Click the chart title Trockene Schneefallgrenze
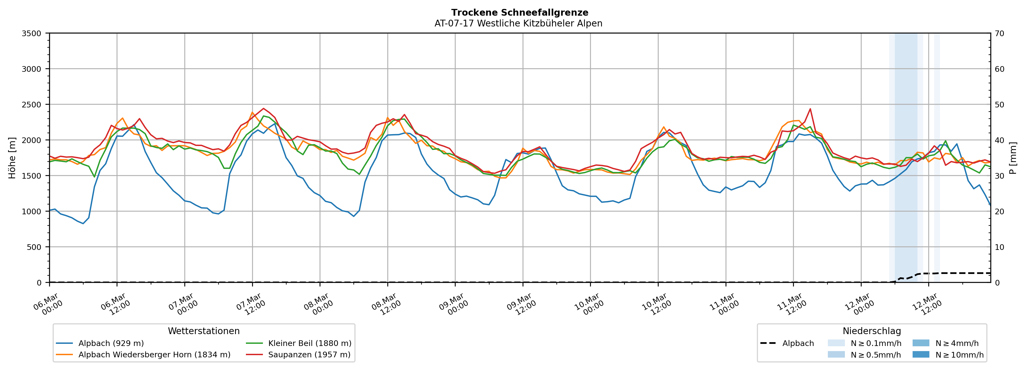[519, 13]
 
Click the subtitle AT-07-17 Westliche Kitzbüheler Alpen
[518, 23]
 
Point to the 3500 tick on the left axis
[32, 33]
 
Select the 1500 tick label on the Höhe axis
[32, 176]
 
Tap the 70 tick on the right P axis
[999, 33]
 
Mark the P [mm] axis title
[1013, 158]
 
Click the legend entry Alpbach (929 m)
[111, 343]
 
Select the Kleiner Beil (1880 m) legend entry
[309, 343]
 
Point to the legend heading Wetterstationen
[204, 331]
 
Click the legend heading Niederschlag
[871, 331]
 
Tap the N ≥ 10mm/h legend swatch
[920, 354]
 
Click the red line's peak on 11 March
[810, 109]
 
